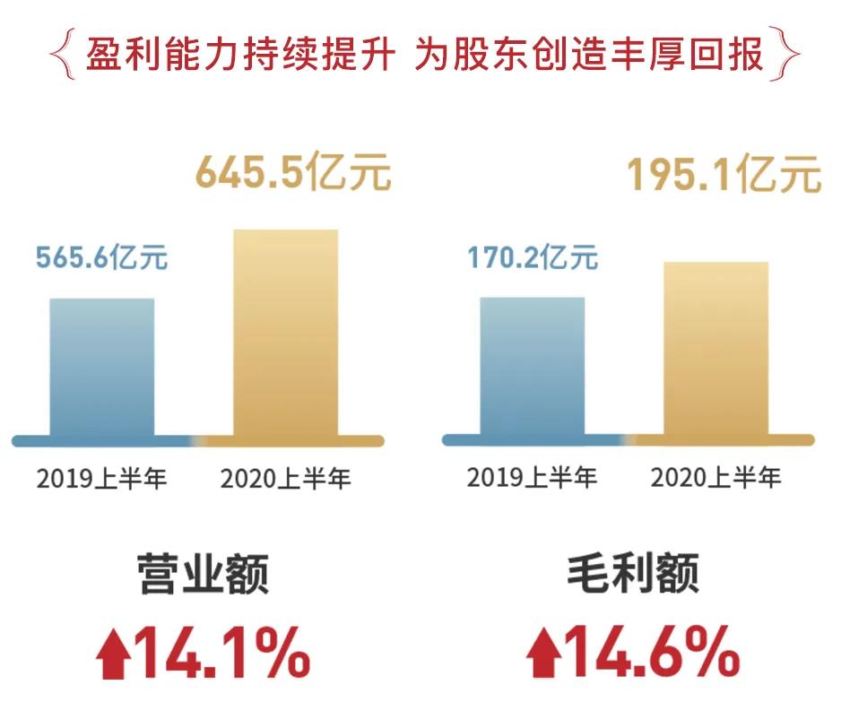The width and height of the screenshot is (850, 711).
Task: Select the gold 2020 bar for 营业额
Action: [285, 334]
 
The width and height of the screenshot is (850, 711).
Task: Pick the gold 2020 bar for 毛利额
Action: [716, 350]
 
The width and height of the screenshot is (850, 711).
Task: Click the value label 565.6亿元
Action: [101, 258]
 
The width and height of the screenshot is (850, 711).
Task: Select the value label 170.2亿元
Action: [532, 257]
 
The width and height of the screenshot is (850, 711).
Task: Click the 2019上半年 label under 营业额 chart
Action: [102, 478]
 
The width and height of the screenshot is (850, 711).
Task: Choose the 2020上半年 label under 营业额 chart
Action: [286, 478]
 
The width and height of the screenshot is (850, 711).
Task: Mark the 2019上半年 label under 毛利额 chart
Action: [532, 476]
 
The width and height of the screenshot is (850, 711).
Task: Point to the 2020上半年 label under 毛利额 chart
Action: [716, 476]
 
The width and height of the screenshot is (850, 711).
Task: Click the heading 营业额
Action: [203, 574]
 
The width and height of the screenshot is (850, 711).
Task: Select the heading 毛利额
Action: [632, 574]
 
